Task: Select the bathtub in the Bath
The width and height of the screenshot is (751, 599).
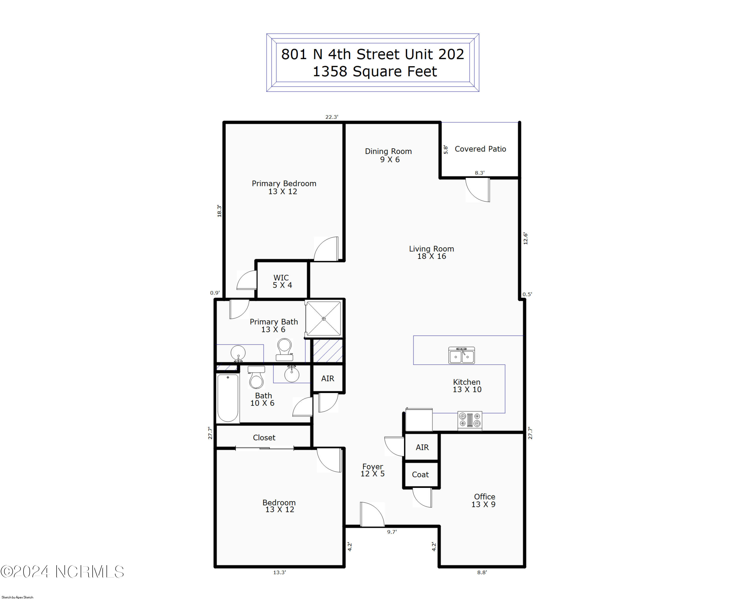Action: coord(228,398)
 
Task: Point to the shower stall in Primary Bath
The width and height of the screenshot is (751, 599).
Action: coord(324,319)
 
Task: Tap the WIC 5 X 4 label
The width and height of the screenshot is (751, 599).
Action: coord(282,281)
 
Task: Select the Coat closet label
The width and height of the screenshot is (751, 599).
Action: coord(420,475)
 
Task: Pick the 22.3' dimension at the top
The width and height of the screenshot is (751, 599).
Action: coord(332,117)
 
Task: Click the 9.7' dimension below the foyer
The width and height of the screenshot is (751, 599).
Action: coord(392,532)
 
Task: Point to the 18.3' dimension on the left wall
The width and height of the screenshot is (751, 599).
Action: coord(219,211)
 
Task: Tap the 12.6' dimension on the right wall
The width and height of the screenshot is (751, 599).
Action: coord(525,239)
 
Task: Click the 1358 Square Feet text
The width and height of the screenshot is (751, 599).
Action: coord(374,71)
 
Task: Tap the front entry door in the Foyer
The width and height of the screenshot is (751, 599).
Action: coord(372,514)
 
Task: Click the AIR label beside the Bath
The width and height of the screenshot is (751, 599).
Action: coord(327,378)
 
